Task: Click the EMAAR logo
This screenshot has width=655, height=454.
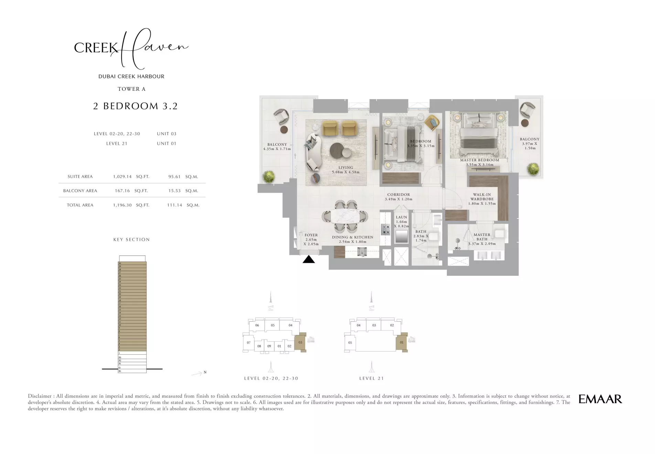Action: coord(600,399)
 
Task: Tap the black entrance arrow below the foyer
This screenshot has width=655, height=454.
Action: coord(309,260)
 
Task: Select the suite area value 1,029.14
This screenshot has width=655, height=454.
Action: coord(122,176)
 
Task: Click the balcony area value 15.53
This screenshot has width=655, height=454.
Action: coord(174,191)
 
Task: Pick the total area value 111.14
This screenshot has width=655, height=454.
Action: coord(174,205)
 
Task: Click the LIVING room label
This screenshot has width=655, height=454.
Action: coord(345,167)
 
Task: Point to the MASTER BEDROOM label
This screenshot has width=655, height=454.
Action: coord(480,160)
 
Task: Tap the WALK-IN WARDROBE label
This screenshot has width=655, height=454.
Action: coord(482,197)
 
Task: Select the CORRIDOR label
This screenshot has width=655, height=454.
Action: coord(398,194)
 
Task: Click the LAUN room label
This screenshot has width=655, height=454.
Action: coord(401,217)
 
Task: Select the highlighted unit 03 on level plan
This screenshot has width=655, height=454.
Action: coord(300,342)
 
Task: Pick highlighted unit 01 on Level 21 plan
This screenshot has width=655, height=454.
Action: coord(401,342)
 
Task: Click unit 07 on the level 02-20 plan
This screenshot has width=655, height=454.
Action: coord(249,343)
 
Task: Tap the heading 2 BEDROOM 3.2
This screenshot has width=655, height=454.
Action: coord(135,106)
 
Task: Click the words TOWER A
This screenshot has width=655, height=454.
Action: coord(131,89)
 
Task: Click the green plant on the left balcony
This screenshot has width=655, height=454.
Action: coord(269,177)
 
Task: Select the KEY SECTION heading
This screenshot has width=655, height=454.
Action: coord(131,239)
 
